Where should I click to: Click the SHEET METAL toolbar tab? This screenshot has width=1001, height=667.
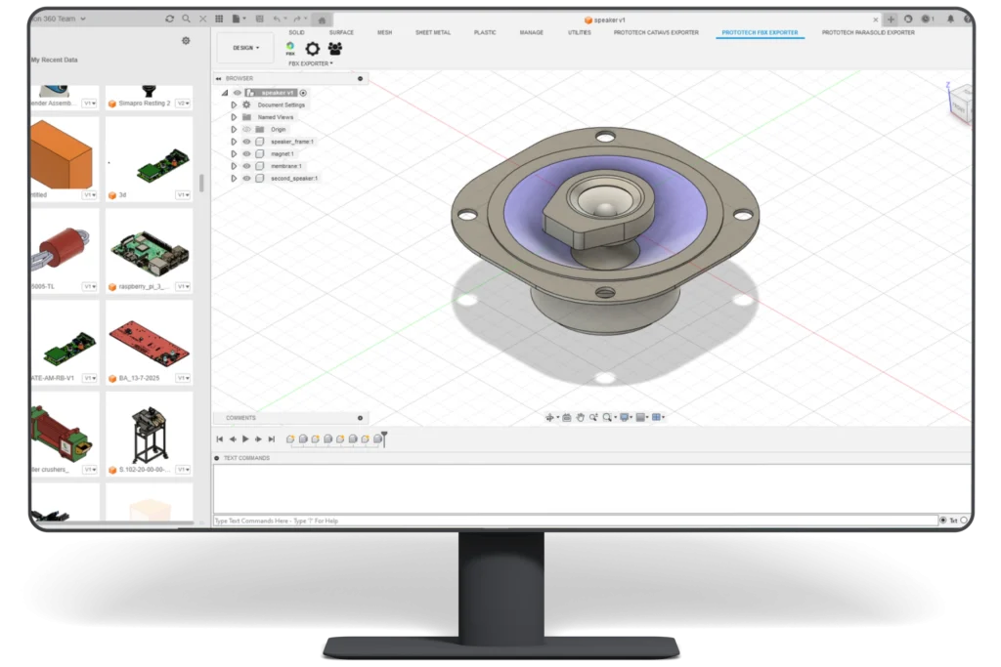(433, 32)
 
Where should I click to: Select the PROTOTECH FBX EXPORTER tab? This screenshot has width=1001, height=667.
(759, 32)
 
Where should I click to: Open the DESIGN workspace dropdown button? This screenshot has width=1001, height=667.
(245, 48)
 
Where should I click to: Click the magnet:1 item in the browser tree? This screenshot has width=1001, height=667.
(282, 154)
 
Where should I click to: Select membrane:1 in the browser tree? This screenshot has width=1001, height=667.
(286, 166)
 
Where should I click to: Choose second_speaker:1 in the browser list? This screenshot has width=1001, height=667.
(293, 179)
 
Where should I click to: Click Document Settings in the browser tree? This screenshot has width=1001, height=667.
(282, 104)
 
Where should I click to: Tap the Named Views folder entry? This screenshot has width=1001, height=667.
(275, 117)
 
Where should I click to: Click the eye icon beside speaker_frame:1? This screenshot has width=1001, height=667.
(246, 142)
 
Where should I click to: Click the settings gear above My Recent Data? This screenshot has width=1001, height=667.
(186, 41)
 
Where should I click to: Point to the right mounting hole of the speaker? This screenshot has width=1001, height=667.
(742, 215)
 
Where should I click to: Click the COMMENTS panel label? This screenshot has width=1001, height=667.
(240, 418)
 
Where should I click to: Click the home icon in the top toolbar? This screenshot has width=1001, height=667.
(321, 19)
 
